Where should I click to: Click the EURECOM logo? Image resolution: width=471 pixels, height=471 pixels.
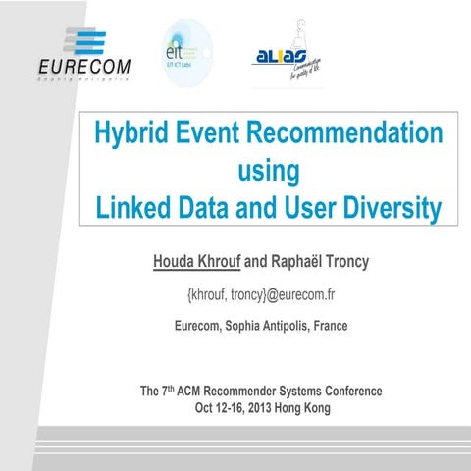pyautogui.click(x=82, y=56)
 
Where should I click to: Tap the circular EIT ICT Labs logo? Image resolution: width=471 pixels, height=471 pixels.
pyautogui.click(x=186, y=52)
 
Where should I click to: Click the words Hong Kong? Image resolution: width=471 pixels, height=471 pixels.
pyautogui.click(x=309, y=407)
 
